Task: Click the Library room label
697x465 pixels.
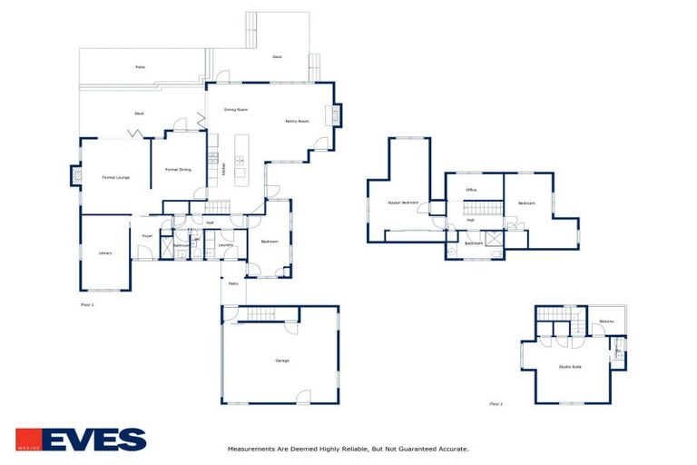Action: [105, 253]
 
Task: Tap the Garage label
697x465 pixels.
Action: [282, 361]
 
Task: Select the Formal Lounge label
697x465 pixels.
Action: [115, 177]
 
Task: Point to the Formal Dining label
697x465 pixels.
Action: [178, 170]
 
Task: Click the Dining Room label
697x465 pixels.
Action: [236, 109]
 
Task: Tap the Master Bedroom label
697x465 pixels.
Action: [402, 202]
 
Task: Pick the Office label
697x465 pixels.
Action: [471, 190]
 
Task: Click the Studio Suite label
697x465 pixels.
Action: [570, 367]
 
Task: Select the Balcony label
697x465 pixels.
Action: [606, 321]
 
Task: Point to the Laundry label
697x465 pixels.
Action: [226, 244]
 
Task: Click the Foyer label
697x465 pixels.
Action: [146, 236]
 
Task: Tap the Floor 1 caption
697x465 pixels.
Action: [87, 304]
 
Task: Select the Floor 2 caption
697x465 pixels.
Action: [496, 403]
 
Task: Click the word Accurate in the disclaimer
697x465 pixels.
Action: [451, 449]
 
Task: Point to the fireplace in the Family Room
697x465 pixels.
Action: [334, 115]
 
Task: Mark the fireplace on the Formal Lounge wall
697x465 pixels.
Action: [75, 175]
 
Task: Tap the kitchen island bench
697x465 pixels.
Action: [241, 161]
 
